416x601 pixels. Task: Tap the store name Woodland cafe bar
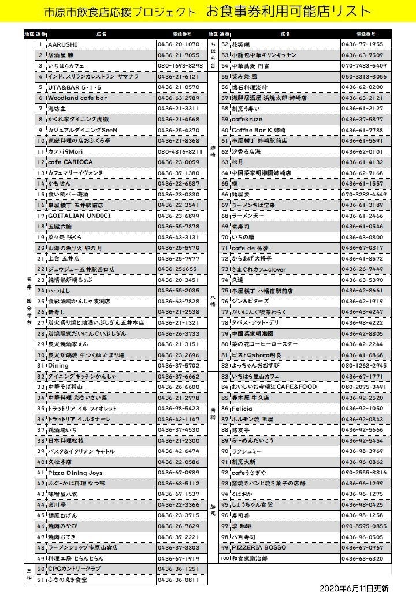pos(77,98)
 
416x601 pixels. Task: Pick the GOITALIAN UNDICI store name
pos(79,216)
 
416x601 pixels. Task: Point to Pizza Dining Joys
pos(75,473)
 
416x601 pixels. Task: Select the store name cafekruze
pos(247,120)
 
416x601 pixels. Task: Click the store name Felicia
pos(242,409)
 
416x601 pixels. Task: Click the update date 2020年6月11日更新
pos(354,588)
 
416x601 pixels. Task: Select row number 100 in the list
pos(224,558)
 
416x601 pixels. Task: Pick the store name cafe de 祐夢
pos(250,248)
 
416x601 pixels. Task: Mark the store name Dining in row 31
pos(58,366)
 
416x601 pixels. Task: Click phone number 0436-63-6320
pos(362,558)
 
